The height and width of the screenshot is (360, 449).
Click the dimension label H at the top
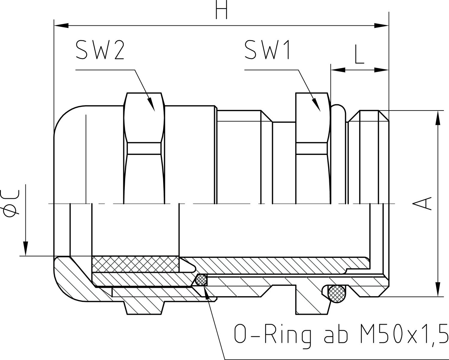[x=222, y=11]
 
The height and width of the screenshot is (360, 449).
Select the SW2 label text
[x=95, y=50]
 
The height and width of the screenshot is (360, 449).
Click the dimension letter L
[x=359, y=55]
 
